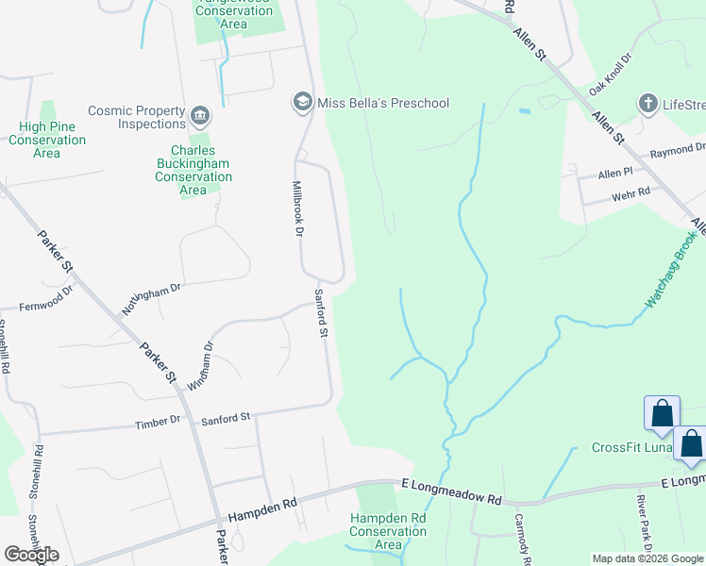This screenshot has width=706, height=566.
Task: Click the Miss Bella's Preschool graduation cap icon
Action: pyautogui.click(x=302, y=102)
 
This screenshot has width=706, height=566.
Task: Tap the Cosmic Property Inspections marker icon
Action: pyautogui.click(x=199, y=116)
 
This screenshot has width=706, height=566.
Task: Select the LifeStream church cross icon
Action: pyautogui.click(x=648, y=103)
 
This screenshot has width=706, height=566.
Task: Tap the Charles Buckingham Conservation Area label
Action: pyautogui.click(x=193, y=170)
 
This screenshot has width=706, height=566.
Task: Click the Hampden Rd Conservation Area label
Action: pyautogui.click(x=388, y=531)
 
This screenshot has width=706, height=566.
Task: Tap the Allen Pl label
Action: pyautogui.click(x=614, y=175)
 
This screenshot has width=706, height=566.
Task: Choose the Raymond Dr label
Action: pyautogui.click(x=678, y=149)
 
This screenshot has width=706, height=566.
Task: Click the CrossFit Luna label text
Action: pyautogui.click(x=630, y=447)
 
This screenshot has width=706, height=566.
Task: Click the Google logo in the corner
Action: pyautogui.click(x=31, y=555)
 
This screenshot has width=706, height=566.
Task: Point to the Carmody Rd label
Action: pyautogui.click(x=524, y=539)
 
